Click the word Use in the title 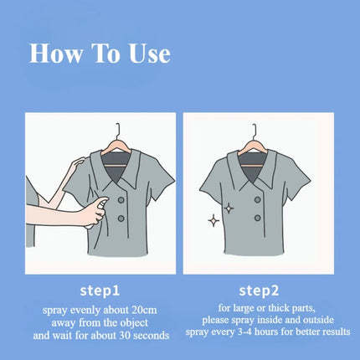click(x=150, y=53)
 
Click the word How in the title click(x=56, y=53)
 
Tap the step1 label click(x=100, y=291)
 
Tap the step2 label click(x=259, y=291)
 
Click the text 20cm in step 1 click(x=143, y=310)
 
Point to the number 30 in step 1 click(x=126, y=335)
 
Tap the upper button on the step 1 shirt click(x=121, y=200)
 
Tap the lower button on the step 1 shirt click(x=121, y=219)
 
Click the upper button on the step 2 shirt click(x=258, y=200)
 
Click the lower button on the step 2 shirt click(x=258, y=218)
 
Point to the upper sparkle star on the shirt click(x=229, y=208)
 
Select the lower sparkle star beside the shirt click(x=213, y=221)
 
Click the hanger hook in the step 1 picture click(x=118, y=131)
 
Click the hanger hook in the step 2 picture click(x=255, y=131)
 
